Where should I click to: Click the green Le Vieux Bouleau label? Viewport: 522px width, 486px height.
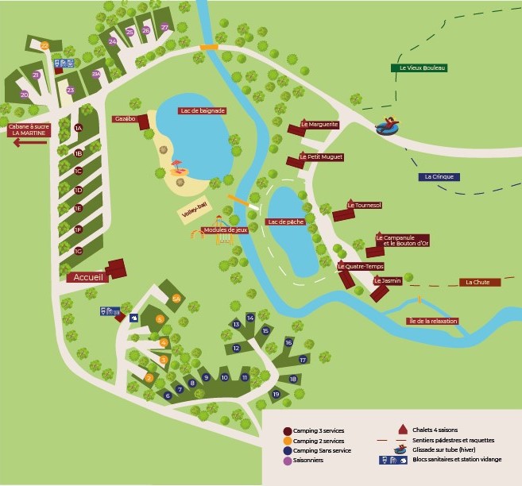(x=419, y=68)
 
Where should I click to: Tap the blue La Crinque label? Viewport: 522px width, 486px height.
(x=438, y=176)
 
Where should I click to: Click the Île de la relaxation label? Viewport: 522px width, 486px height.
(x=431, y=321)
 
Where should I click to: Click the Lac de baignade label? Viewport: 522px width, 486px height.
(x=203, y=110)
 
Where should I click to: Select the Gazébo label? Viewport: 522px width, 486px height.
(x=126, y=118)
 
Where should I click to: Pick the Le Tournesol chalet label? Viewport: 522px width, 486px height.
(x=365, y=205)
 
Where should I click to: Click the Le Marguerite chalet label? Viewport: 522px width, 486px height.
(x=319, y=124)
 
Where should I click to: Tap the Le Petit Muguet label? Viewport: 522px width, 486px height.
(x=321, y=156)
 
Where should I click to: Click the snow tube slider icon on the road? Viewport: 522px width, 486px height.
(x=388, y=125)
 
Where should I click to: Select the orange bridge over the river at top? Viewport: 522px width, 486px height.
(x=209, y=48)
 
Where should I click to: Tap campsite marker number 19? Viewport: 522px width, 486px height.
(x=276, y=395)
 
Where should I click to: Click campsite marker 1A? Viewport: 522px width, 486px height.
(x=78, y=128)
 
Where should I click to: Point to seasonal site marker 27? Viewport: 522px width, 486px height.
(x=164, y=28)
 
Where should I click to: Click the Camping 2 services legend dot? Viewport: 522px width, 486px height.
(x=287, y=440)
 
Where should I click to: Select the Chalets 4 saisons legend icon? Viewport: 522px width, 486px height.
(x=403, y=430)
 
